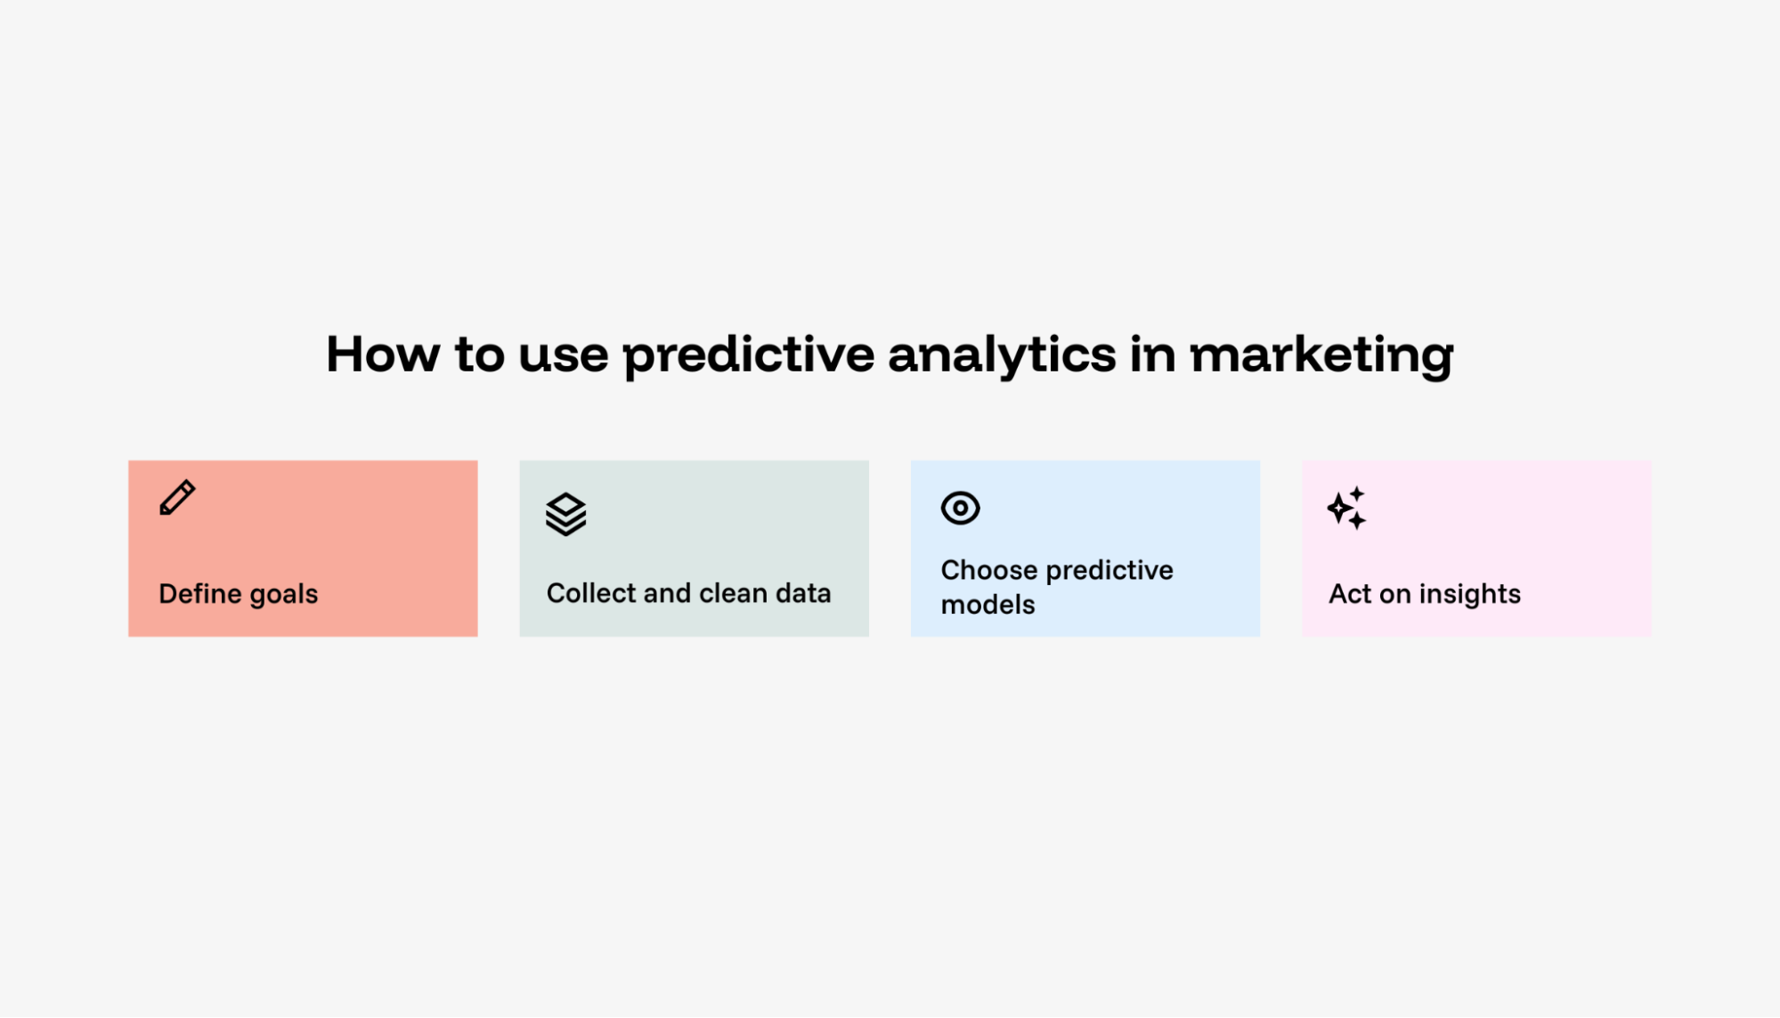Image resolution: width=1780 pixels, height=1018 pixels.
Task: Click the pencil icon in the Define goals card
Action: [177, 498]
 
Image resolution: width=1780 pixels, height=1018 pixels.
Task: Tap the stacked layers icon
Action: [565, 514]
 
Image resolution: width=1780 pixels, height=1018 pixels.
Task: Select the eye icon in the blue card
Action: [960, 508]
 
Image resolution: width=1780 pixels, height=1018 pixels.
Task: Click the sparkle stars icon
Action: [1346, 508]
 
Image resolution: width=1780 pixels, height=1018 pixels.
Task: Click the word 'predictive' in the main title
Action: [748, 355]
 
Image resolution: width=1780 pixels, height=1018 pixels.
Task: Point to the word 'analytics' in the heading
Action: [1002, 355]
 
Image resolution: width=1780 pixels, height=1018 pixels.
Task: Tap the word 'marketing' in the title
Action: [1321, 355]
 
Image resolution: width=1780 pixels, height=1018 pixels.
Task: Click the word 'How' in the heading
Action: [383, 354]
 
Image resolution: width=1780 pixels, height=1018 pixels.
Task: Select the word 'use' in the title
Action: [564, 358]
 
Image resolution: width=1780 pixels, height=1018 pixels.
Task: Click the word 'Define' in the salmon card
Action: [200, 593]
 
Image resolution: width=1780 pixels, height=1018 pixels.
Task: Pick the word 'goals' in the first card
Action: [283, 595]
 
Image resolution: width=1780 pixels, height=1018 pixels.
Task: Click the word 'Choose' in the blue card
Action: [989, 569]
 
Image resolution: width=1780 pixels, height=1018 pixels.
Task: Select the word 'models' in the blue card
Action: [988, 604]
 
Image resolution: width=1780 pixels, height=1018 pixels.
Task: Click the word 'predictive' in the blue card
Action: [1109, 571]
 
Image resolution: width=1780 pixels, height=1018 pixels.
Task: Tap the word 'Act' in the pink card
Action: [1350, 593]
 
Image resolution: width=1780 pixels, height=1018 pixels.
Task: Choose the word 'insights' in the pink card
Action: [1470, 595]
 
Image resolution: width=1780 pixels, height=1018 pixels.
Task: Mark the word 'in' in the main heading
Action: [1153, 354]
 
